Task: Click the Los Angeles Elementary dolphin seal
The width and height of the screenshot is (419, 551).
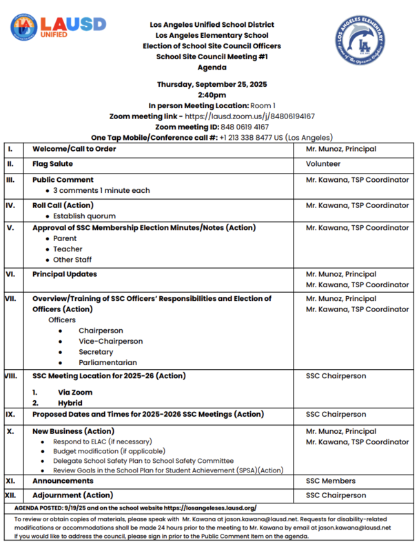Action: pyautogui.click(x=362, y=42)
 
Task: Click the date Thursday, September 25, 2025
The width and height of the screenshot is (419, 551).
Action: pyautogui.click(x=212, y=84)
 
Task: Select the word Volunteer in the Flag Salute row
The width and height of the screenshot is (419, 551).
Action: pyautogui.click(x=323, y=164)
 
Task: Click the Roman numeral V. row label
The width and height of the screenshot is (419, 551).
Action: pyautogui.click(x=10, y=227)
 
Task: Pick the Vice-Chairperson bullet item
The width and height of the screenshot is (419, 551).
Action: pyautogui.click(x=110, y=341)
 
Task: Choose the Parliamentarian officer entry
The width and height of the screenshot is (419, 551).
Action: pyautogui.click(x=108, y=362)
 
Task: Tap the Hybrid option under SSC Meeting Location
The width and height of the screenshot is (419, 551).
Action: pyautogui.click(x=70, y=403)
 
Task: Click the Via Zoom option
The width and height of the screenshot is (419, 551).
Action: pyautogui.click(x=75, y=392)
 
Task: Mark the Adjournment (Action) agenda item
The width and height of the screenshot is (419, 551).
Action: pyautogui.click(x=73, y=495)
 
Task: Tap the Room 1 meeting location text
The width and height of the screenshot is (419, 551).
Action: pyautogui.click(x=263, y=105)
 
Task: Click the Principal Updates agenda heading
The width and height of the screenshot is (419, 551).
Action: pyautogui.click(x=65, y=274)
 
